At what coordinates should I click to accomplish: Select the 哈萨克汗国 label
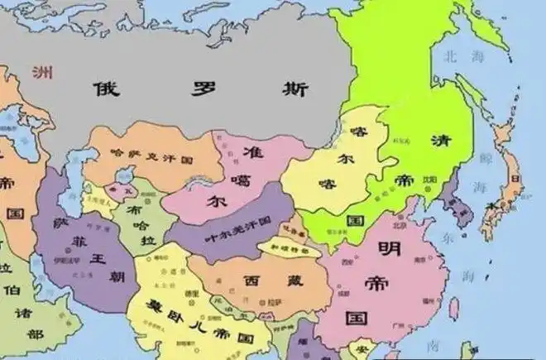[151, 155]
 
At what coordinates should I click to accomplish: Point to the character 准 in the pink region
[257, 152]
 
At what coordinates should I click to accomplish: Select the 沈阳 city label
[429, 178]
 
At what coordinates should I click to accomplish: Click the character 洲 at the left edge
[40, 71]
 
